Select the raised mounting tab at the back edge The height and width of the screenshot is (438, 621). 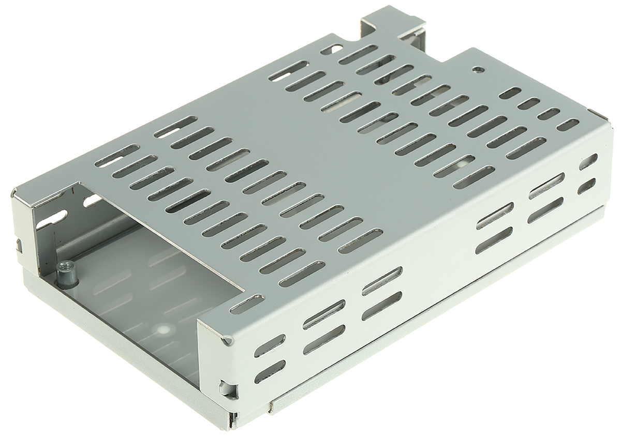393,23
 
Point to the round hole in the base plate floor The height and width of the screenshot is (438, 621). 165,328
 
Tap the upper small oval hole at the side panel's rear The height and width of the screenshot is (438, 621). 588,161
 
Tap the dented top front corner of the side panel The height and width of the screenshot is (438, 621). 226,340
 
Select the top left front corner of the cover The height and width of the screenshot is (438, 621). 16,194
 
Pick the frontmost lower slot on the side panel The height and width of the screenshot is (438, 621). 270,371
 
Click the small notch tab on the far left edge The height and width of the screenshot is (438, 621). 19,243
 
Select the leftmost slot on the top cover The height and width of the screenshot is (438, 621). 117,156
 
